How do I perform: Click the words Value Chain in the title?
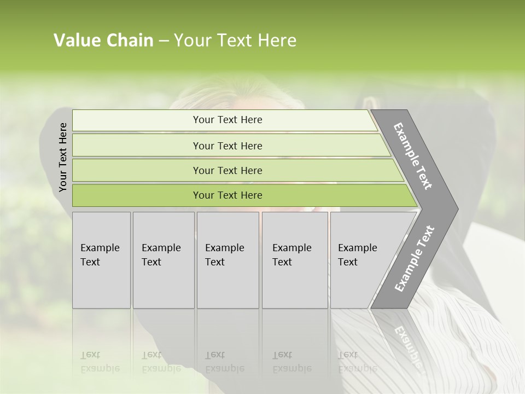click(x=103, y=40)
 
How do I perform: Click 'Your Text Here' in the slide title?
click(x=235, y=40)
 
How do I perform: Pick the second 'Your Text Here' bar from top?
click(x=227, y=146)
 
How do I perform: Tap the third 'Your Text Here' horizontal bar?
click(x=227, y=170)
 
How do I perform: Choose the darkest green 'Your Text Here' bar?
click(x=227, y=195)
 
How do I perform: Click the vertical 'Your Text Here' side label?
click(x=63, y=158)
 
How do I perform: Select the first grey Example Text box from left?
click(x=101, y=260)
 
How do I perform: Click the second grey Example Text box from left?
click(x=164, y=260)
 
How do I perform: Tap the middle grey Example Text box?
click(x=227, y=260)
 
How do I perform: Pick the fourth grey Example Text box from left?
click(x=295, y=260)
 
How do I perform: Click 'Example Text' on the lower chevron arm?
click(x=415, y=258)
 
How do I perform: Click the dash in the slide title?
click(x=164, y=41)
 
